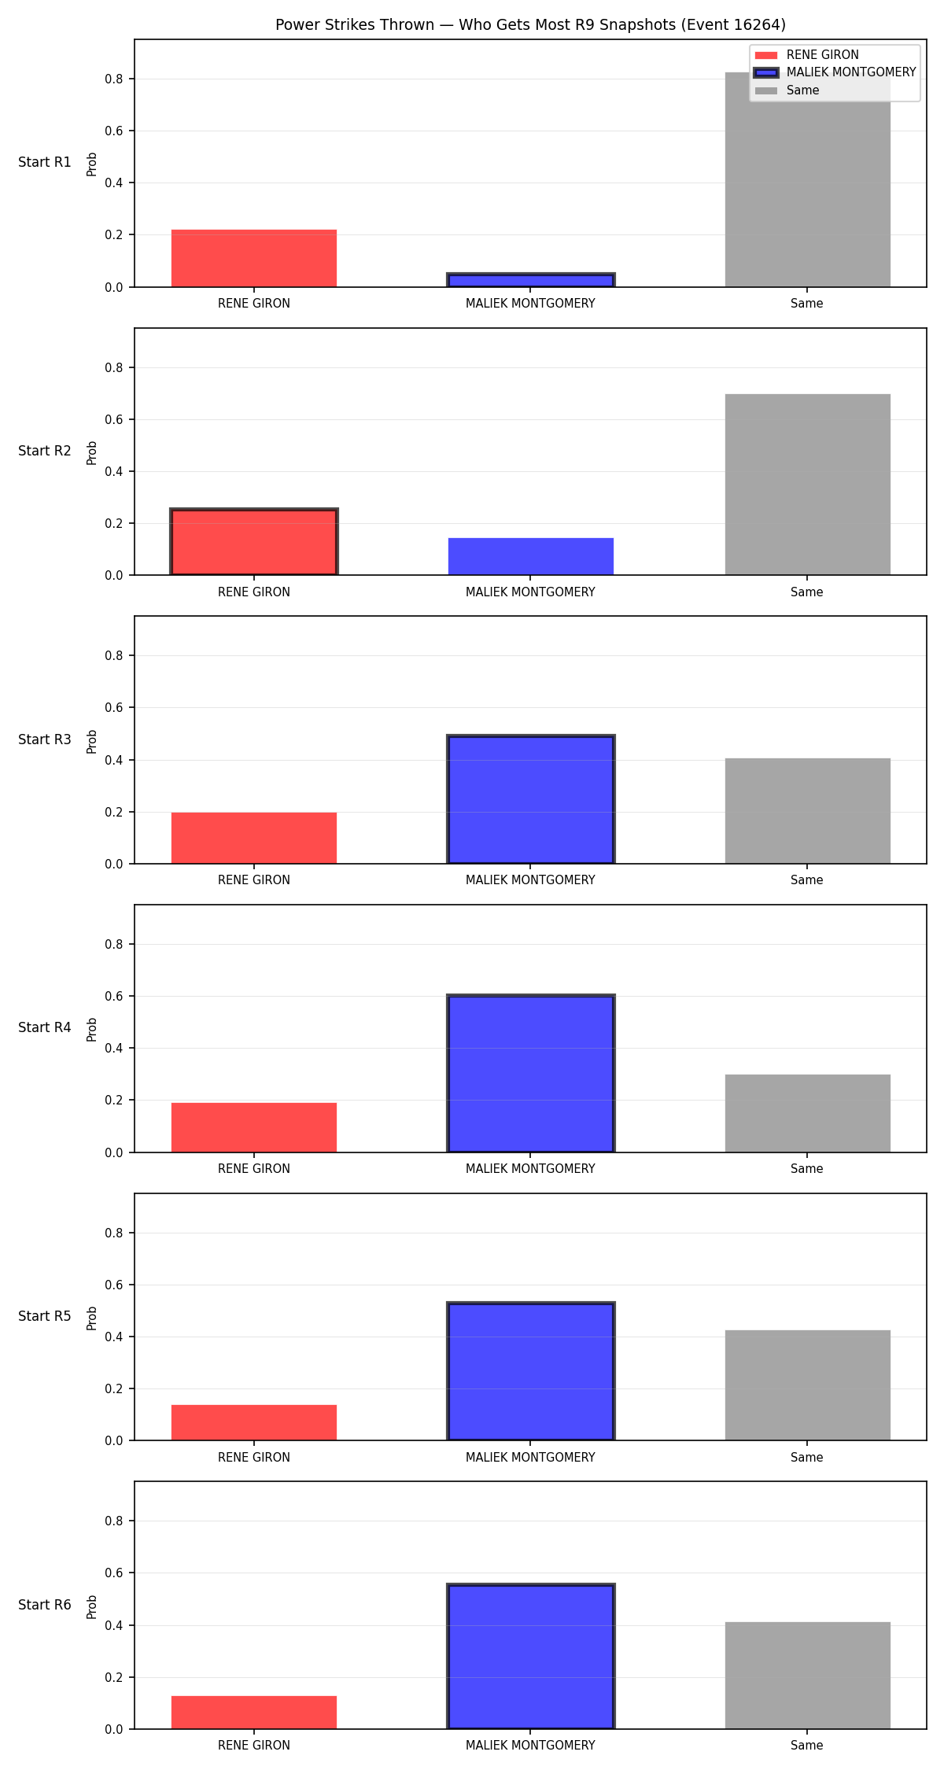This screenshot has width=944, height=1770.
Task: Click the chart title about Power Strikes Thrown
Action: [x=530, y=25]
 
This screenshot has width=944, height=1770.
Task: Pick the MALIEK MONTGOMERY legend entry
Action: [x=835, y=72]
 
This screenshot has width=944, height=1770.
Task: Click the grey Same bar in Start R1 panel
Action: [x=807, y=179]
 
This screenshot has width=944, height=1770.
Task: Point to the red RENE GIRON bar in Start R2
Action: [x=253, y=542]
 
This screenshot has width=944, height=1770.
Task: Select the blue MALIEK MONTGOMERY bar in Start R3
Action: [x=530, y=799]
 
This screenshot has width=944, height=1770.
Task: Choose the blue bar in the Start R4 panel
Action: [x=530, y=1074]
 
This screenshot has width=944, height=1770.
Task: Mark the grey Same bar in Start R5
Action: [x=807, y=1385]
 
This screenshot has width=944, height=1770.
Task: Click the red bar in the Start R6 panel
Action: [x=253, y=1713]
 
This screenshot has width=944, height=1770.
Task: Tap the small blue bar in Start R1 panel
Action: [x=530, y=280]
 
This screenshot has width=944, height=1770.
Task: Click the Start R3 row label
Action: [x=45, y=739]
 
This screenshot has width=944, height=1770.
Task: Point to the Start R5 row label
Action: [x=45, y=1316]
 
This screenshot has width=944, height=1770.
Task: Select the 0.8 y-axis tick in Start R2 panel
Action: [x=115, y=367]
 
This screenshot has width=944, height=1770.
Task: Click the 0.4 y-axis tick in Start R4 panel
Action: [x=115, y=1049]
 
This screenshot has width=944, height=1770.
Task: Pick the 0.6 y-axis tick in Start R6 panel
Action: [x=115, y=1573]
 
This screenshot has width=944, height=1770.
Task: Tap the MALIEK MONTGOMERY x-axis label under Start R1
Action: [x=530, y=304]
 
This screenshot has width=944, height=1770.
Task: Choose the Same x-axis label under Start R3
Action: [x=807, y=880]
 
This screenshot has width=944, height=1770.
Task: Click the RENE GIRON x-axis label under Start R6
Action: [x=253, y=1746]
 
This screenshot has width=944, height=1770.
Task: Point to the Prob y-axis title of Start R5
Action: [x=92, y=1318]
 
